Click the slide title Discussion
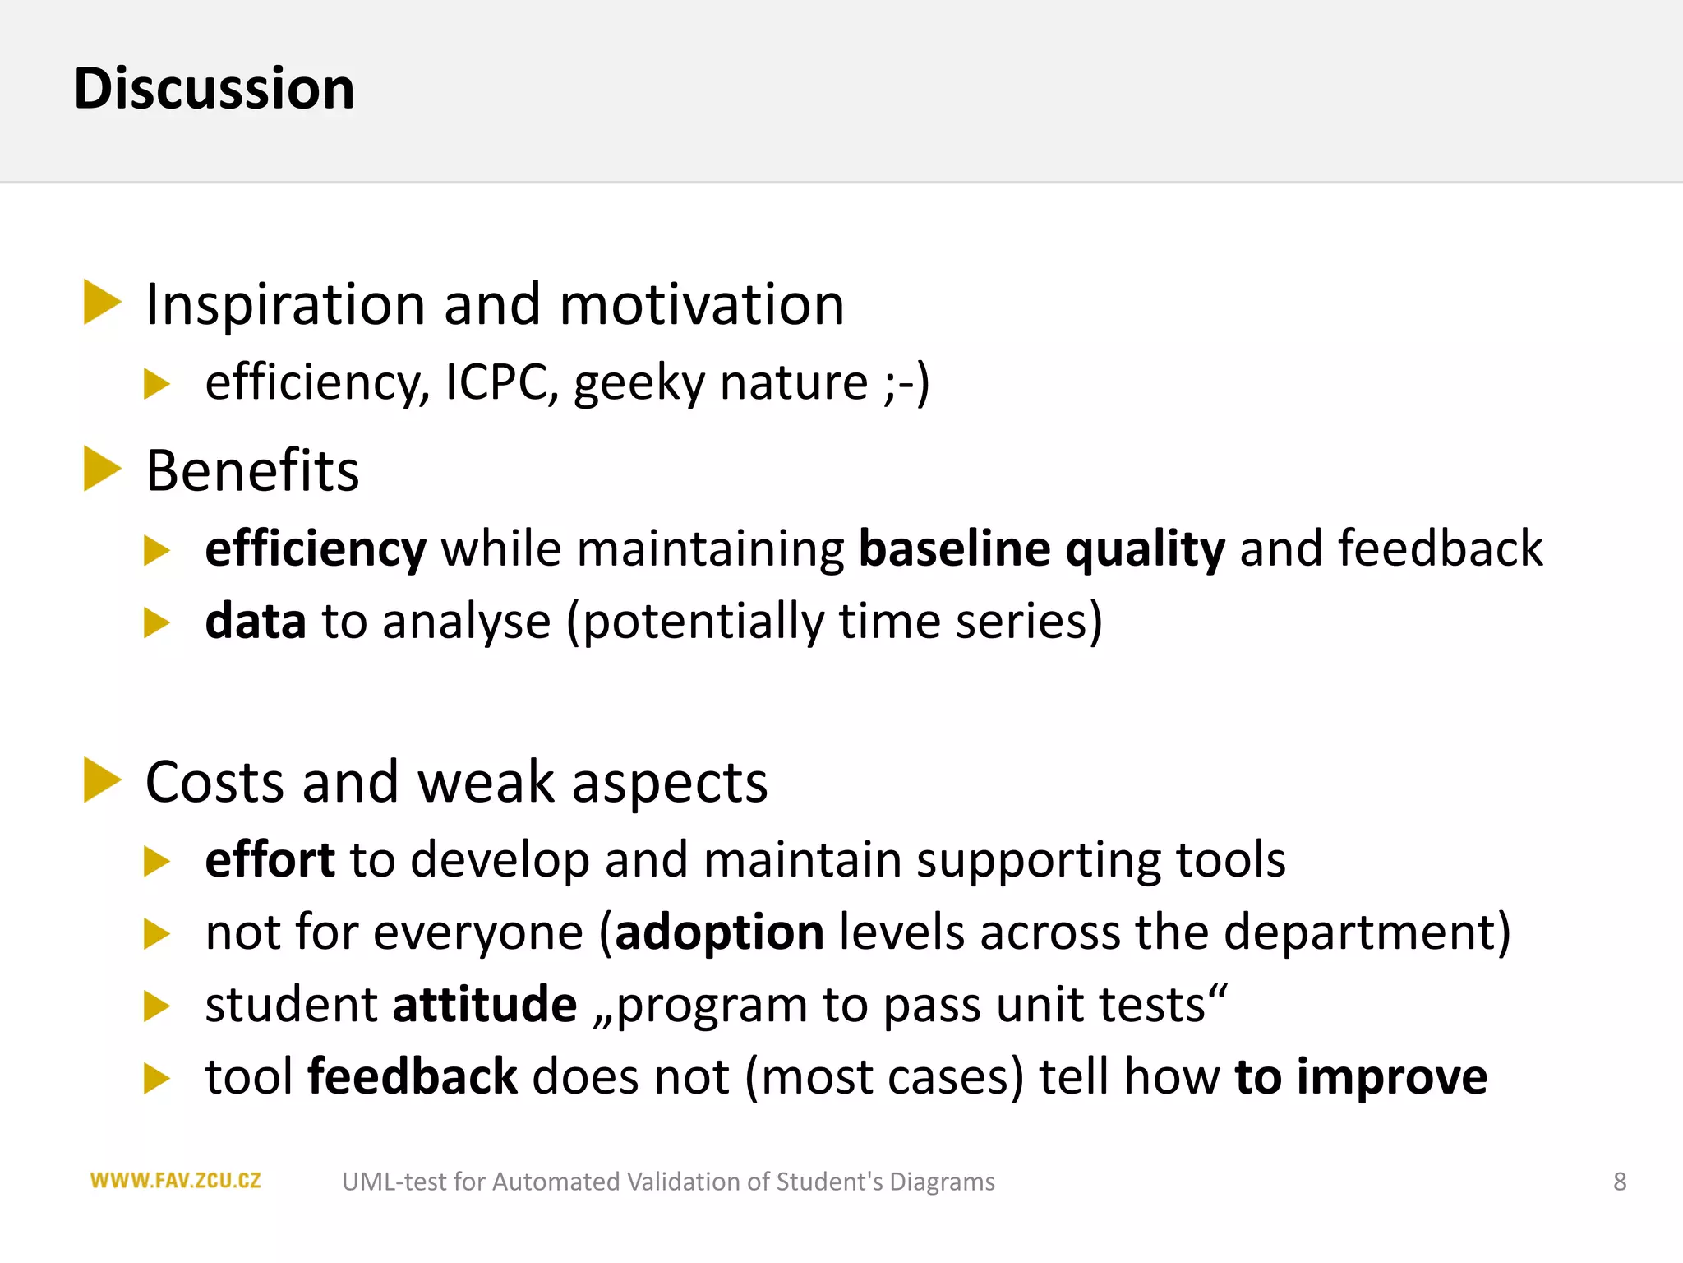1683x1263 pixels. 214,88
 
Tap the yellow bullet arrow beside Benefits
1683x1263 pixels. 102,470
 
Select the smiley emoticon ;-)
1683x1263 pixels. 907,383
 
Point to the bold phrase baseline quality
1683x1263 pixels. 1041,548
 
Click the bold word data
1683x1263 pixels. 255,621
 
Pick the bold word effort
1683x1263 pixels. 270,860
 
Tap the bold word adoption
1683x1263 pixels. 720,932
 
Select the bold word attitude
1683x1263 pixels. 485,1005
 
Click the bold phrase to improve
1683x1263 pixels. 1361,1077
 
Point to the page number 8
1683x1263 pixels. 1619,1182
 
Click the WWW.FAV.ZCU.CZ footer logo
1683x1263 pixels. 175,1181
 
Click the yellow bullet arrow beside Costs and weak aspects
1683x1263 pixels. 102,780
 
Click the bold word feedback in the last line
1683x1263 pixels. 412,1077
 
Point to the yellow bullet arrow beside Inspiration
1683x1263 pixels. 102,303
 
